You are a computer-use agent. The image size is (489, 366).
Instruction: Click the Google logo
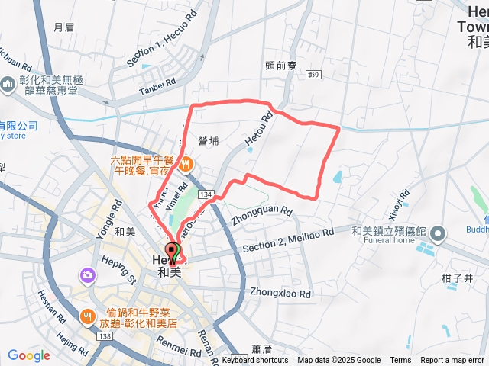coord(29,355)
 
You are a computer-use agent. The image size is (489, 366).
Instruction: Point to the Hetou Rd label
coord(259,131)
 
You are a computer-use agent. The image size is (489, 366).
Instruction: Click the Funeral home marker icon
coord(438,233)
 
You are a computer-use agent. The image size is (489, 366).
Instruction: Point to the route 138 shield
coord(105,335)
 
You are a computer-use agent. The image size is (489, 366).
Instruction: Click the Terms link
coord(400,360)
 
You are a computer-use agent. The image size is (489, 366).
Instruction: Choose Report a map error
coord(453,360)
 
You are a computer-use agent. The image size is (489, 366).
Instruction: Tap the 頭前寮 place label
coord(281,66)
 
